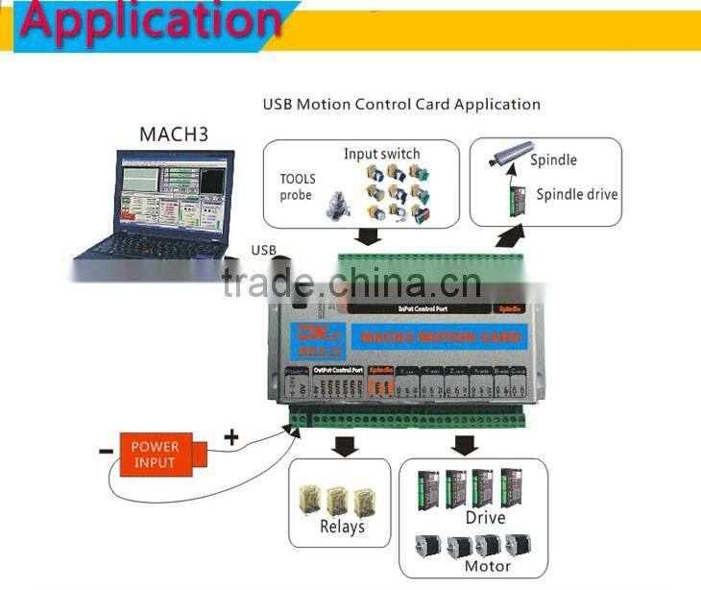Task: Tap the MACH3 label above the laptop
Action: [174, 134]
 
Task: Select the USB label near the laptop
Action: [264, 251]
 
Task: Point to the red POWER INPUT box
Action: [156, 454]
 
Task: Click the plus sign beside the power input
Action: [231, 437]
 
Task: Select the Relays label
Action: [342, 527]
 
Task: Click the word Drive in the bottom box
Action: [485, 518]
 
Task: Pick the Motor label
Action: [487, 566]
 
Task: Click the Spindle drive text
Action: [576, 194]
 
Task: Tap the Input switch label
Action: [381, 154]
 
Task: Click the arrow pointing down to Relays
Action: [341, 445]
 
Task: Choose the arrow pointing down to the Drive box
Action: [466, 444]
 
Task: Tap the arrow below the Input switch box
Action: [366, 236]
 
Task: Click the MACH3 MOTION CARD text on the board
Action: [436, 337]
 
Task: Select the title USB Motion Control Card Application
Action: [401, 104]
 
